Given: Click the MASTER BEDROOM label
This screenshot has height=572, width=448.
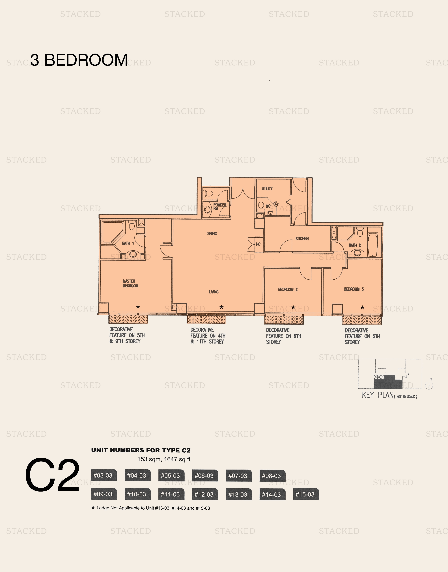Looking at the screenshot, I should [130, 283].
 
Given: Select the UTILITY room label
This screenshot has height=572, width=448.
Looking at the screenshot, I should [267, 189].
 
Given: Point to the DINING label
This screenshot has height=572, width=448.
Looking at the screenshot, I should [212, 233].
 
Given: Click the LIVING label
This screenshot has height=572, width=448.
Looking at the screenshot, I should [214, 292].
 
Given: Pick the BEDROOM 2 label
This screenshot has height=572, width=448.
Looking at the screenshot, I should [288, 289].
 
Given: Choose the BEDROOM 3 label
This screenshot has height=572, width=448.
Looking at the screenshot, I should [354, 289].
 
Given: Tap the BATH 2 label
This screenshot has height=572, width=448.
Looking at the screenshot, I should [355, 245].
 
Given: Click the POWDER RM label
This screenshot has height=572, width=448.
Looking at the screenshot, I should [219, 206].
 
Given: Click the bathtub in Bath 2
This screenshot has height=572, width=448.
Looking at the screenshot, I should [373, 245].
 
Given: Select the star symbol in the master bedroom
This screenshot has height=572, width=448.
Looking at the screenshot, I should [138, 307].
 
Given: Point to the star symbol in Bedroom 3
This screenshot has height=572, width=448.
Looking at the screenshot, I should [362, 308].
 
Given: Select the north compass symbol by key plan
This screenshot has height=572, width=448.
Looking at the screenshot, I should [429, 385].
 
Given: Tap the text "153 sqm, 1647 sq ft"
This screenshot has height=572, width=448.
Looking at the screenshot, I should [164, 459].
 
